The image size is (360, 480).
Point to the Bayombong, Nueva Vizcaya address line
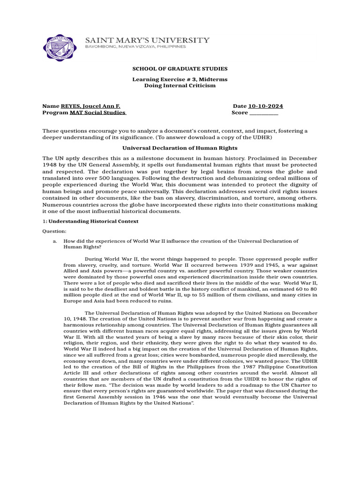coord(135,47)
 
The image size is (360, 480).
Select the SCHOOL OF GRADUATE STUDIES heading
coord(180,69)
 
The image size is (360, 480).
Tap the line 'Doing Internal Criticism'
coord(180,86)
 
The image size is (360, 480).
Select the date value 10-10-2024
coord(265,106)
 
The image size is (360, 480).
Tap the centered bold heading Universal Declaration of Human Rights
coord(180,148)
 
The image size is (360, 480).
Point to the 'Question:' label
coord(55,232)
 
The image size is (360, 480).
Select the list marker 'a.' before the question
coord(55,241)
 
